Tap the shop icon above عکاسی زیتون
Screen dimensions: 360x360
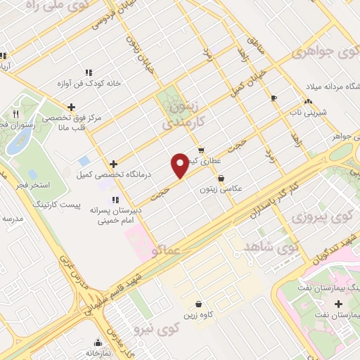[221, 178]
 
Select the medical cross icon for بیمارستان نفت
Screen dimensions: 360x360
[339, 304]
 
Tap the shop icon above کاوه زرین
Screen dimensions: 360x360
[199, 305]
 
